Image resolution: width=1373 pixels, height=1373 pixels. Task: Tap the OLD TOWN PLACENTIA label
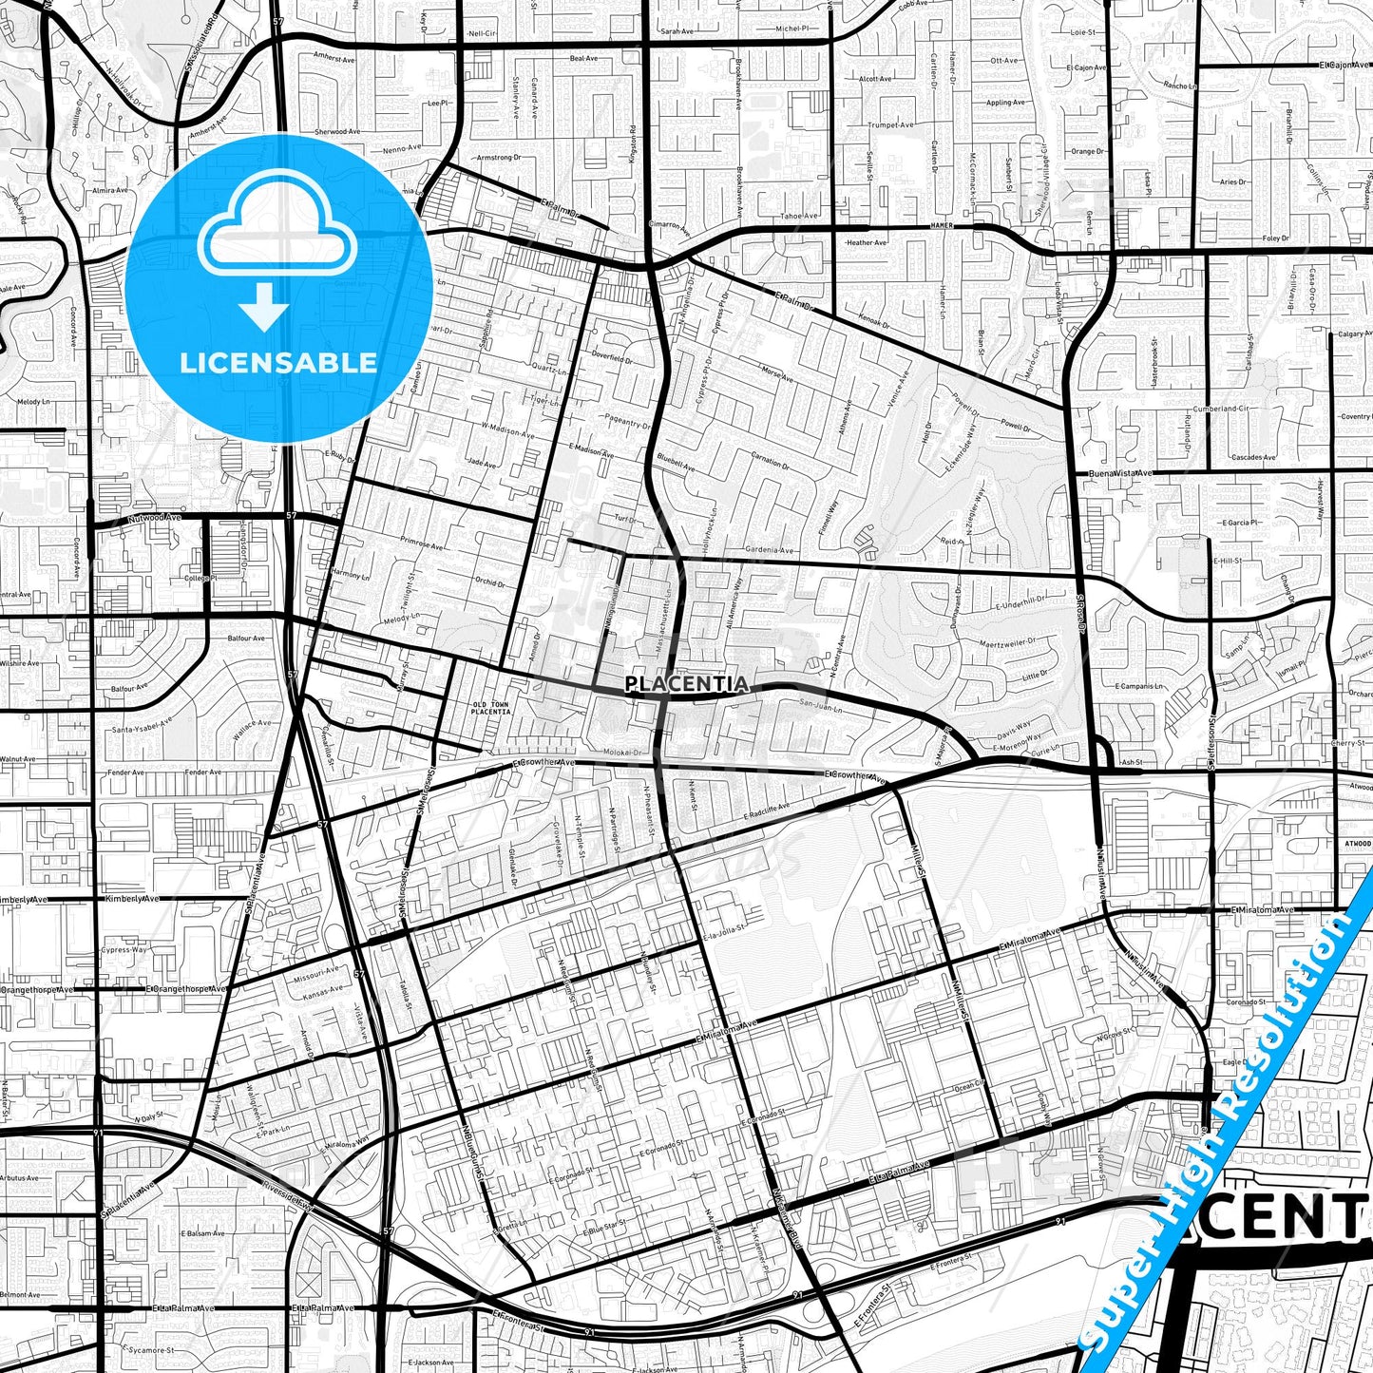pyautogui.click(x=491, y=708)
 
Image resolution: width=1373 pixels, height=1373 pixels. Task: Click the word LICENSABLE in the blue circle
pyautogui.click(x=278, y=363)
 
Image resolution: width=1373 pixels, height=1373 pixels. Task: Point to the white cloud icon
pyautogui.click(x=277, y=225)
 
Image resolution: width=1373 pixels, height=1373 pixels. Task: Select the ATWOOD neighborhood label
pyautogui.click(x=1358, y=843)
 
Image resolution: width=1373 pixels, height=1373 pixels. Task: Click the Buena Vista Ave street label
pyautogui.click(x=1120, y=472)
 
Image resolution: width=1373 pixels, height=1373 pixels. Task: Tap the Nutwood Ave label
pyautogui.click(x=155, y=518)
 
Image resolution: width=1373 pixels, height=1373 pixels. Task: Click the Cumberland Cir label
pyautogui.click(x=1217, y=408)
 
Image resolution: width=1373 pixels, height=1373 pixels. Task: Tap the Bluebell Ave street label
pyautogui.click(x=676, y=467)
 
